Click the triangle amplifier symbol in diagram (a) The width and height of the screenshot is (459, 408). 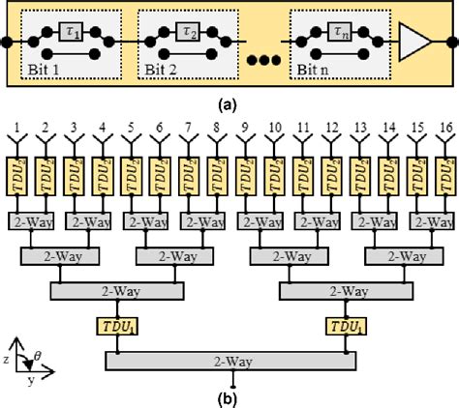(x=414, y=42)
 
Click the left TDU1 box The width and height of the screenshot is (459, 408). (x=119, y=326)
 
